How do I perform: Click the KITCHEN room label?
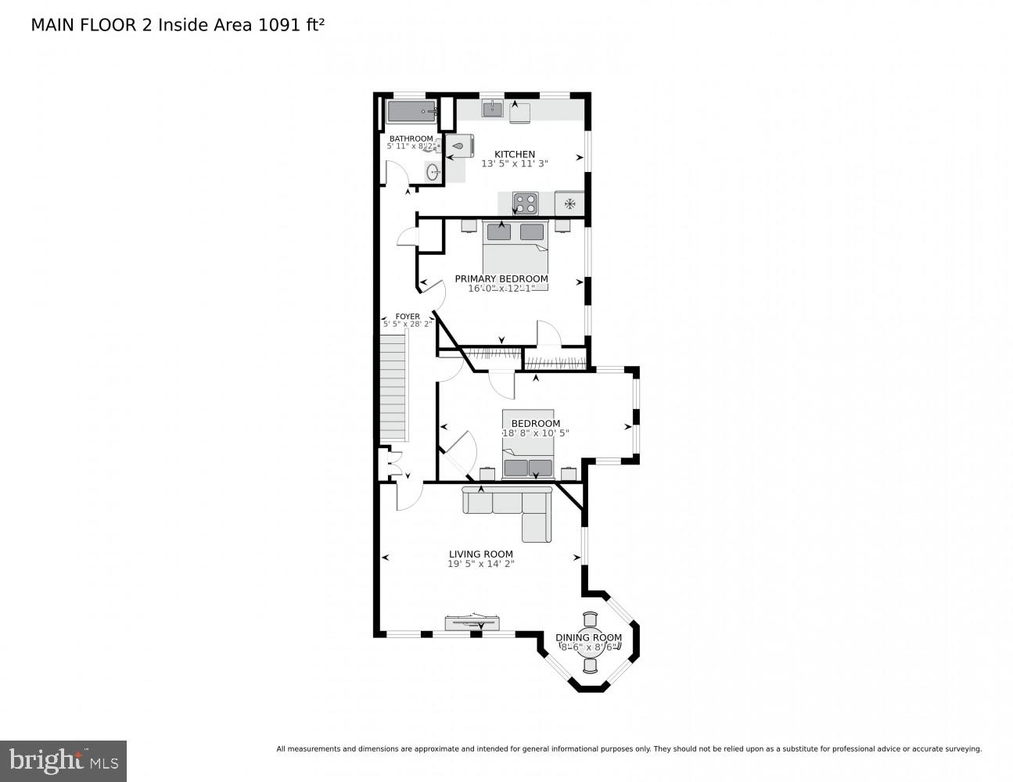click(x=514, y=154)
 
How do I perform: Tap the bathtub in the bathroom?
click(x=411, y=112)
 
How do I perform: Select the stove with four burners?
click(x=525, y=203)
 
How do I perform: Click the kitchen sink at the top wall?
click(x=492, y=109)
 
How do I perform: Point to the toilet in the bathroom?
click(x=461, y=145)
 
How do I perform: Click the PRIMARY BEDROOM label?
click(x=501, y=278)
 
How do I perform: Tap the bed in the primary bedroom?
click(x=515, y=254)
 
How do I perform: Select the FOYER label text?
click(x=408, y=317)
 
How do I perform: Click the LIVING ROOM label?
click(x=480, y=554)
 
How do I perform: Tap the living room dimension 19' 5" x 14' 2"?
click(x=480, y=564)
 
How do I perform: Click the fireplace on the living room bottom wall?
click(x=475, y=622)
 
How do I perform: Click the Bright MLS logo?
click(x=63, y=761)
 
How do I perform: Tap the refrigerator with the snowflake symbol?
click(x=569, y=203)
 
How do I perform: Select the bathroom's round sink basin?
click(x=433, y=171)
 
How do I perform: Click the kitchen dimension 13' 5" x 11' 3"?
click(x=514, y=164)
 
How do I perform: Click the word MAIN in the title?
click(x=48, y=25)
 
